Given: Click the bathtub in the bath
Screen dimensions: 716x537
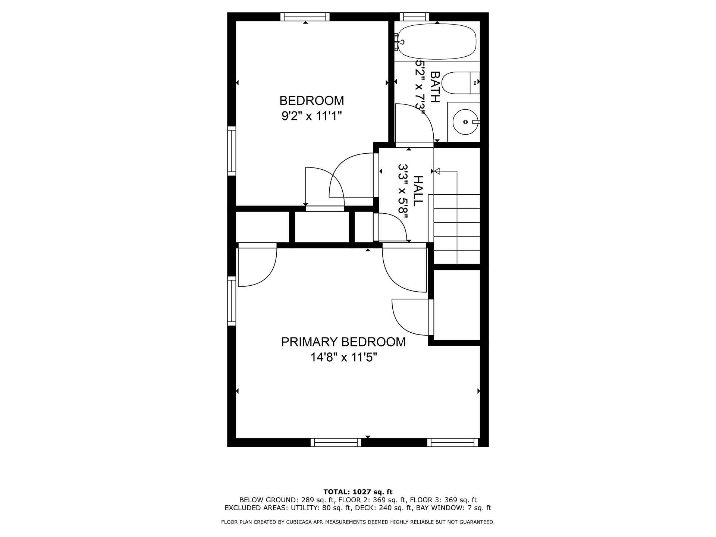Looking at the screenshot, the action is coord(437,41).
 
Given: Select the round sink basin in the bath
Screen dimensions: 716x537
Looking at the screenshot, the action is coord(465,122).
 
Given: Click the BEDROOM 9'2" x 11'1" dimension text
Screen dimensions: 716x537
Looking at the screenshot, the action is coord(312,117).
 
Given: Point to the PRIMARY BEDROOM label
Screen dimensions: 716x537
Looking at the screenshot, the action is coord(343,342).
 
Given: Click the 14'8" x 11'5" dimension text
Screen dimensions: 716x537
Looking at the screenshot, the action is coord(343,358).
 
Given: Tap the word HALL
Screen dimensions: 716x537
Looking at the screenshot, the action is coord(418,190).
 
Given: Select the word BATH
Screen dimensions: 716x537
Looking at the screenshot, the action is coord(435,87).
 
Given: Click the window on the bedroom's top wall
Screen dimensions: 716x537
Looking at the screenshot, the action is coord(305,17).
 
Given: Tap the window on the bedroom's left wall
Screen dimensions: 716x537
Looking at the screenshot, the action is coord(232,151).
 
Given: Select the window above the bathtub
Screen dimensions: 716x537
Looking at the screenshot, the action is coord(414,17).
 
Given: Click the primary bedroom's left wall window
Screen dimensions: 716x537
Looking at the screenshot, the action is coord(232,301).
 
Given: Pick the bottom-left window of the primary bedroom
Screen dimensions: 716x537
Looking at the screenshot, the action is coord(336,443).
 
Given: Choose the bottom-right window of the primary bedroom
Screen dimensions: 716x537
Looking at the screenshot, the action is coord(452,443).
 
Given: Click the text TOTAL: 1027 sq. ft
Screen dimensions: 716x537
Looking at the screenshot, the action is coord(358,492).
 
